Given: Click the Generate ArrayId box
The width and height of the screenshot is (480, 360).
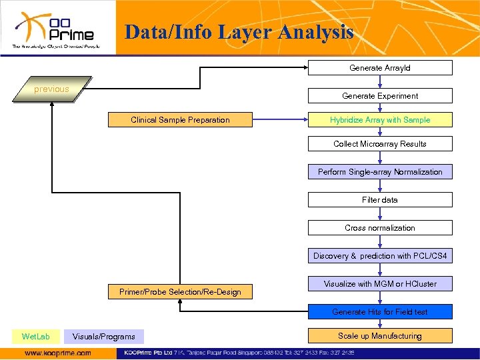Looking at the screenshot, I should (x=380, y=68).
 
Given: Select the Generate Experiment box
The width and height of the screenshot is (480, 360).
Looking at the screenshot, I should (x=380, y=96).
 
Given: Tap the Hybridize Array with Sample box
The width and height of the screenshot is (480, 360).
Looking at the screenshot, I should (x=380, y=120).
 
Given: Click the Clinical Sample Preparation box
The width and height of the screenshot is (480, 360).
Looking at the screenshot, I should (x=180, y=120).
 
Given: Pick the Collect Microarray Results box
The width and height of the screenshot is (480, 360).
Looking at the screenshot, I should (x=380, y=144).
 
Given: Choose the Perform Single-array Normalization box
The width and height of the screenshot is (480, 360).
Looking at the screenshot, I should (x=380, y=172).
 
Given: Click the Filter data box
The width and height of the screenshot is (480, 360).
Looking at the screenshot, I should (x=380, y=200).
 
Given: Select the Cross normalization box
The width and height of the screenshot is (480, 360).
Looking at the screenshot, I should (x=380, y=228).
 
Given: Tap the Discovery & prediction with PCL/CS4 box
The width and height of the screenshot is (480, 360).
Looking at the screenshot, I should (x=380, y=256).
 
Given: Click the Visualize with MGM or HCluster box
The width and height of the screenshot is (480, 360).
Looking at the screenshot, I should (x=380, y=284).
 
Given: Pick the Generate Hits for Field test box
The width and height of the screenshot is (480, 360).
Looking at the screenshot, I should (x=380, y=312).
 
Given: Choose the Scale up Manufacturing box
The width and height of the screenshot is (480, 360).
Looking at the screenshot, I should (x=380, y=336).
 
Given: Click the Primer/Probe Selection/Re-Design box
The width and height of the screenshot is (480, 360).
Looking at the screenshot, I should (x=180, y=292).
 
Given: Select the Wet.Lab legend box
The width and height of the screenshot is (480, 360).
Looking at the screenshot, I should (x=35, y=337).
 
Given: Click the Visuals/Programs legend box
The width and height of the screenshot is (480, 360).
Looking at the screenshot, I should (x=104, y=337).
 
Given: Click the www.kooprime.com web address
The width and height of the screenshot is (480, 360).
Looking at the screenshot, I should (x=58, y=353).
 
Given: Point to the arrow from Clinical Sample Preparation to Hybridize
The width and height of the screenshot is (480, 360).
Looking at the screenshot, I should (x=280, y=120).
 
